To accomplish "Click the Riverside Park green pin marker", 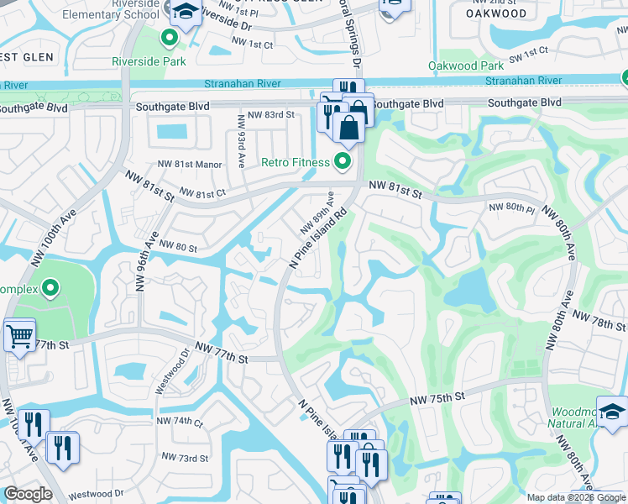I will [170, 38].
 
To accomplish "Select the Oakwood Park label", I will [466, 66].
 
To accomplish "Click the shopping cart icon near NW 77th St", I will [18, 337].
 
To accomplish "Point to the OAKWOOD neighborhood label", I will [498, 13].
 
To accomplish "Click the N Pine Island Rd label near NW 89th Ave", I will [318, 239].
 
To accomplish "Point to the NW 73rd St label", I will [184, 458].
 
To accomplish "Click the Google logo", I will [28, 494].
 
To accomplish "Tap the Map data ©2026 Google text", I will [575, 497].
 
